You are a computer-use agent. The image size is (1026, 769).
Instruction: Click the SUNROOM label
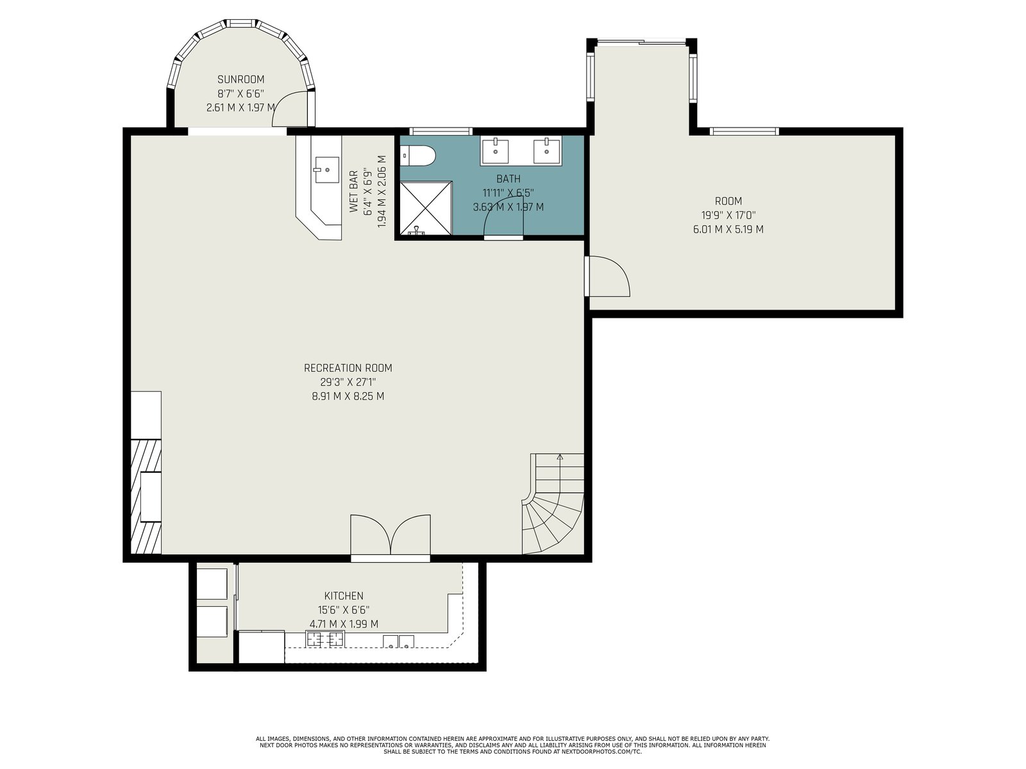point(240,79)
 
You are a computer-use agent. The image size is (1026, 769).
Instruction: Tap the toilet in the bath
point(418,155)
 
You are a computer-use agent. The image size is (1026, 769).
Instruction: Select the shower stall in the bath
point(426,208)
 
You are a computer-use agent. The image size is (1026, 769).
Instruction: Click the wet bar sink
point(326,169)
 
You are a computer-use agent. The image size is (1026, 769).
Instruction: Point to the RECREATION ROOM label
point(348,368)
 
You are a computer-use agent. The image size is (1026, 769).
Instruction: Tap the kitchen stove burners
point(325,638)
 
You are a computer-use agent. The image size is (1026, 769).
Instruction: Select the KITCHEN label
point(344,596)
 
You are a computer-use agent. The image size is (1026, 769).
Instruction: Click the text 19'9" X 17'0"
point(728,215)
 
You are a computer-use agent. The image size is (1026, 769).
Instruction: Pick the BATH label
point(508,179)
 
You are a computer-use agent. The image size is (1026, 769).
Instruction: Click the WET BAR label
point(353,192)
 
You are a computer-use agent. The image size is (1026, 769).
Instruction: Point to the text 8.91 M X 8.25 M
point(348,397)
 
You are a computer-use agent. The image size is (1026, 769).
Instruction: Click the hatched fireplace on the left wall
point(146,496)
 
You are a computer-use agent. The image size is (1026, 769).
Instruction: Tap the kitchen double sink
point(398,641)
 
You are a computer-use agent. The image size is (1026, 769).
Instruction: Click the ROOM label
point(728,201)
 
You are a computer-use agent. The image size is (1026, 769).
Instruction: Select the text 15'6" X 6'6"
point(344,610)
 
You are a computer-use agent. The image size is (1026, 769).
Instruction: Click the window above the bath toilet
point(441,131)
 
